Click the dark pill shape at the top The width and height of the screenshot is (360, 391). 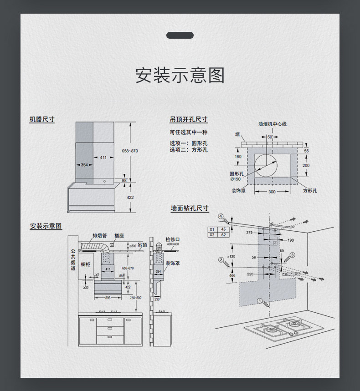pyautogui.click(x=180, y=36)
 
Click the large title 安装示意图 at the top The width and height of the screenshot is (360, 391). pyautogui.click(x=180, y=75)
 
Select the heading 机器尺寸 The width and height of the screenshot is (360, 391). pyautogui.click(x=42, y=119)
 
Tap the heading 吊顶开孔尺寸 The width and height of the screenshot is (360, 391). pyautogui.click(x=189, y=119)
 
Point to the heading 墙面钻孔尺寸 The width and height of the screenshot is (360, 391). pyautogui.click(x=190, y=208)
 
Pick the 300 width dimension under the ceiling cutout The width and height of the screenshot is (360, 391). pyautogui.click(x=272, y=192)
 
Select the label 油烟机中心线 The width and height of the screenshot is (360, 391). pyautogui.click(x=272, y=124)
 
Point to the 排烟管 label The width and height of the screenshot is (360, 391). pyautogui.click(x=99, y=236)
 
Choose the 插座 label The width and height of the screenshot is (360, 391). pyautogui.click(x=119, y=236)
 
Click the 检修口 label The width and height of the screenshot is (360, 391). pyautogui.click(x=173, y=239)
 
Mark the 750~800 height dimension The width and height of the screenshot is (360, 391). pyautogui.click(x=135, y=297)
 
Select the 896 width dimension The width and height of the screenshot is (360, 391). pyautogui.click(x=108, y=297)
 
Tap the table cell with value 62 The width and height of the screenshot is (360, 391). pyautogui.click(x=223, y=235)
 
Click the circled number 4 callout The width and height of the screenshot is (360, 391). pyautogui.click(x=221, y=216)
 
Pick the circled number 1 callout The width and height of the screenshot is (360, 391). pyautogui.click(x=260, y=300)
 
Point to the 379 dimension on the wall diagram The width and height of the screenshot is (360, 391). pyautogui.click(x=249, y=233)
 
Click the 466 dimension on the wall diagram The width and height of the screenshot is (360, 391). pyautogui.click(x=232, y=275)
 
